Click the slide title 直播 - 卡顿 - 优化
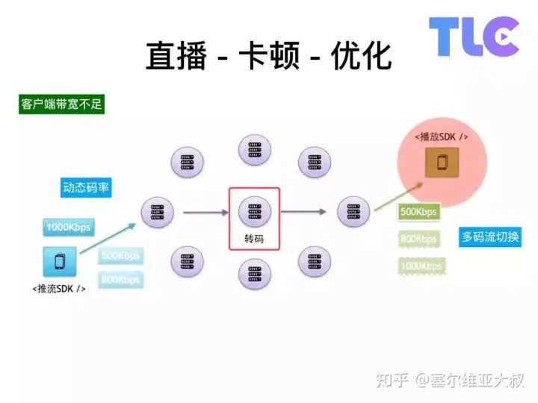pos(268,57)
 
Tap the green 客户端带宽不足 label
pos(61,104)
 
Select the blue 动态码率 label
pos(86,187)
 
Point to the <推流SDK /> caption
pos(59,287)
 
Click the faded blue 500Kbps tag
pos(120,256)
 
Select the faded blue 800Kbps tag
pos(120,280)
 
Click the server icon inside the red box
pos(254,211)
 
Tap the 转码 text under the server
pos(254,240)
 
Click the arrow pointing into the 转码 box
pos(205,213)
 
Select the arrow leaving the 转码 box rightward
pos(303,213)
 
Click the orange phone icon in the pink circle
pos(442,163)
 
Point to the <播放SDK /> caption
pos(442,137)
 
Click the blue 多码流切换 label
pos(491,238)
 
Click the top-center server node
pos(254,150)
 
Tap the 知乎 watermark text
pos(392,381)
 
